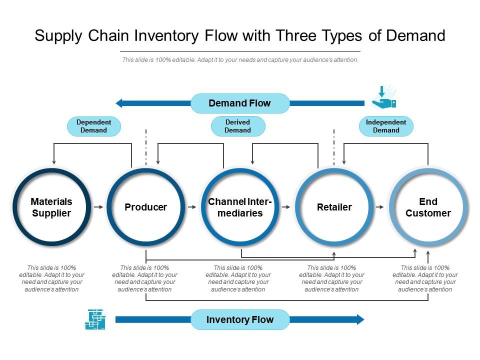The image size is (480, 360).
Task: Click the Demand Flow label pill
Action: (240, 103)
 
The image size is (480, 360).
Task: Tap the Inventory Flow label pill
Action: (240, 320)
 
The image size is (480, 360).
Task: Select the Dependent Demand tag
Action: (94, 126)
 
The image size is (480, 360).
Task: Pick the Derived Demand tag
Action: (238, 126)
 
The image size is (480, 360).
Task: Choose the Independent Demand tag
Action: (386, 126)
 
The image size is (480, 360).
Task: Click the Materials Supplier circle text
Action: (51, 207)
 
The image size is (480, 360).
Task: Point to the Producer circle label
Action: (146, 207)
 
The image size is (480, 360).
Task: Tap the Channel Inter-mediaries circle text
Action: (240, 207)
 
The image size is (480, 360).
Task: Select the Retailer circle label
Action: (334, 207)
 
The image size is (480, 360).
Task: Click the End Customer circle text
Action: (428, 207)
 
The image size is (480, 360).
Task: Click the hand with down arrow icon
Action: (384, 98)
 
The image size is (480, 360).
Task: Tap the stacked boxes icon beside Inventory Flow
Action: (95, 319)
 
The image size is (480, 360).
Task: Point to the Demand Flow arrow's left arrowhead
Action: (119, 103)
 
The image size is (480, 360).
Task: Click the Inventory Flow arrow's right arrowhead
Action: (360, 320)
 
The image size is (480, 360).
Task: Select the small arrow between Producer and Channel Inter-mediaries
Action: (192, 206)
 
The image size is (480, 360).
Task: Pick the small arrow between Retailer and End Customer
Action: (380, 206)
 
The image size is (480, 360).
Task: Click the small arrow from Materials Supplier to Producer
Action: (98, 206)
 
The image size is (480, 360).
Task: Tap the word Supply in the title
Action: (57, 36)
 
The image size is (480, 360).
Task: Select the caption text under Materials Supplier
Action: (51, 278)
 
